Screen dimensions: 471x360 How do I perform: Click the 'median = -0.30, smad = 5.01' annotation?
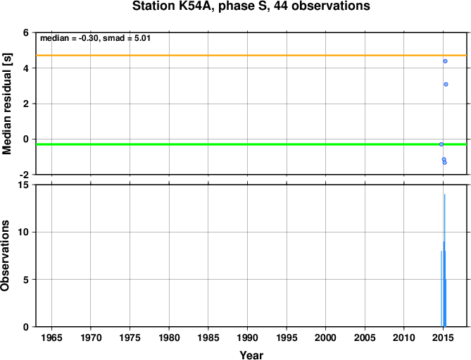point(95,39)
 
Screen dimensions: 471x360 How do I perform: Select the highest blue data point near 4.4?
point(445,61)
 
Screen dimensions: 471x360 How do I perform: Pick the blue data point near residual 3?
point(446,85)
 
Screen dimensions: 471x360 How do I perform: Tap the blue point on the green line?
point(441,144)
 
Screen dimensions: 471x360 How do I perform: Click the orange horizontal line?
point(251,55)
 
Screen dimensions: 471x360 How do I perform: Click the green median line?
point(251,144)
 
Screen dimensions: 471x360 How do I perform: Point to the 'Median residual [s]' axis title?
point(6,104)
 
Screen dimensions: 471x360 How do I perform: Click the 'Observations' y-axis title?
point(5,256)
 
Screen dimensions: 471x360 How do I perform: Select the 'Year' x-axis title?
point(251,355)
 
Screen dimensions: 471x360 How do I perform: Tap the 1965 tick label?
point(51,337)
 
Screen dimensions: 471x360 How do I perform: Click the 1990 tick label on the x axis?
point(248,337)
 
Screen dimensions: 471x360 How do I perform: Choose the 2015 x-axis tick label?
point(443,337)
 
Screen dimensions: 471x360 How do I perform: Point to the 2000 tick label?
point(325,337)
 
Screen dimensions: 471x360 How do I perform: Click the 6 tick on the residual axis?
point(26,32)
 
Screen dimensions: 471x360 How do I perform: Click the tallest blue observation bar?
point(444,260)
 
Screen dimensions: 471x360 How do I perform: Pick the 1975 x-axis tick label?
point(130,337)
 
